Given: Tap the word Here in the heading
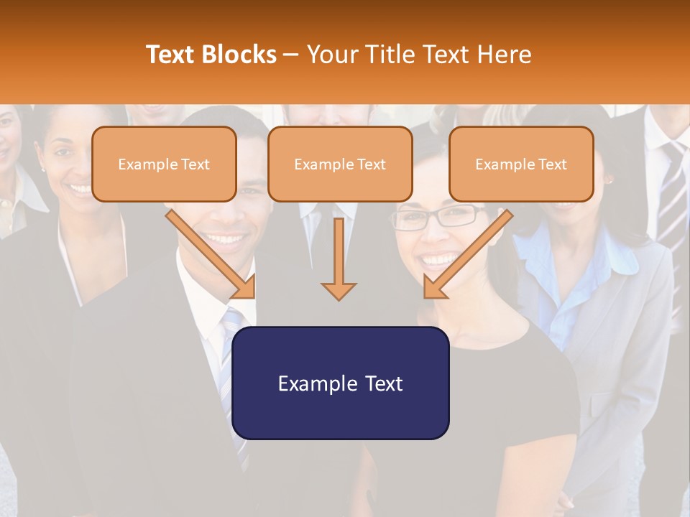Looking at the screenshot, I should pyautogui.click(x=505, y=55).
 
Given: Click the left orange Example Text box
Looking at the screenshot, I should pyautogui.click(x=164, y=164).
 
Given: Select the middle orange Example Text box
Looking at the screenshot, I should pyautogui.click(x=340, y=164).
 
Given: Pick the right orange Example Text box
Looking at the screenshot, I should pyautogui.click(x=521, y=164).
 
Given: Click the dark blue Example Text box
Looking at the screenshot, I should pyautogui.click(x=340, y=383).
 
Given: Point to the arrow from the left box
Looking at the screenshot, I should pyautogui.click(x=212, y=255).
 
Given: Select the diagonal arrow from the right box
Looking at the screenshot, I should pyautogui.click(x=466, y=255).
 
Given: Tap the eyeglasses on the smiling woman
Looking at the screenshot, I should pyautogui.click(x=439, y=217).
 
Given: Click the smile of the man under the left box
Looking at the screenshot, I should pyautogui.click(x=225, y=238).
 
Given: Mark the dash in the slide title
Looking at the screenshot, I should pyautogui.click(x=291, y=55).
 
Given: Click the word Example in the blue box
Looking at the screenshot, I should pyautogui.click(x=313, y=383).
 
